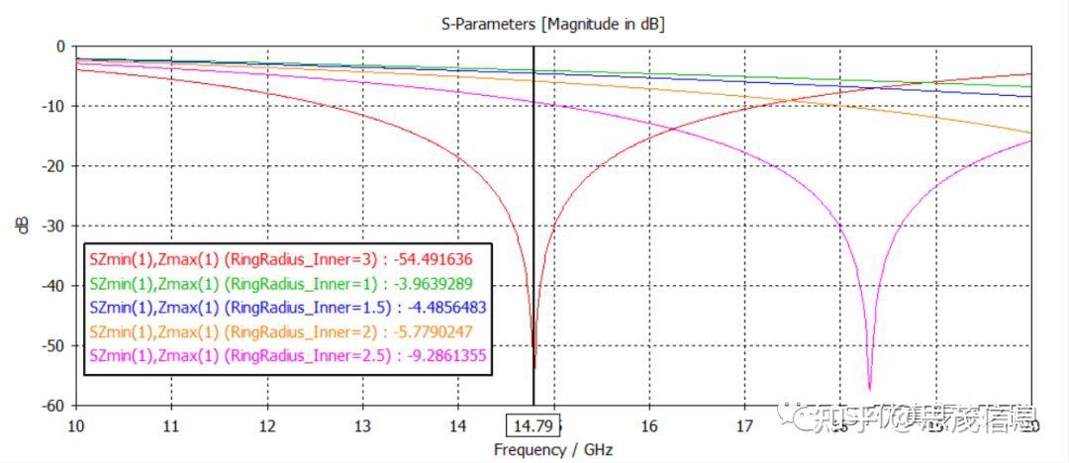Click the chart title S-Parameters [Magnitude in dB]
coord(552,23)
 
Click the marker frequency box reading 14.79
coord(533,426)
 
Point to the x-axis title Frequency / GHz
coord(553,450)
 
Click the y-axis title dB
coord(22,226)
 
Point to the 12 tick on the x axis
coord(266,425)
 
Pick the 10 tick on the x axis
coord(76,425)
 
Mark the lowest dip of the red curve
coord(534,367)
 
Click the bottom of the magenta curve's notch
coord(869,389)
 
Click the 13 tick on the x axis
coord(362,425)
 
